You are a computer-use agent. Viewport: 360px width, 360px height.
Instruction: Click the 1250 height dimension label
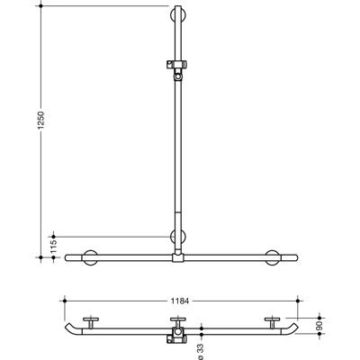40,121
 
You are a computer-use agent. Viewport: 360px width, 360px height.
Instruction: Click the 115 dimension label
54,247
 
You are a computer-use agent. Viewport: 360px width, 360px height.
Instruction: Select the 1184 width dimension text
180,301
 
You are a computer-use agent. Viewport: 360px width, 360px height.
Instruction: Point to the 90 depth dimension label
319,325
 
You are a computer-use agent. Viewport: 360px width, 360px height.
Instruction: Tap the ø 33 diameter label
202,351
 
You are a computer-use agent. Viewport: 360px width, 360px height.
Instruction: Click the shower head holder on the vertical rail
178,70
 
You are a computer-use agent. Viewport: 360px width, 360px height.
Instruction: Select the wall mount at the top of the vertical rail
178,14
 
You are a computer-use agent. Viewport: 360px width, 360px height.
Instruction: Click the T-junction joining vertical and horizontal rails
178,257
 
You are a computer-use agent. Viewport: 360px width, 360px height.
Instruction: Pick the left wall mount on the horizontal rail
90,257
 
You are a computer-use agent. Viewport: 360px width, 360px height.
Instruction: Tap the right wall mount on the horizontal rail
273,257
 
